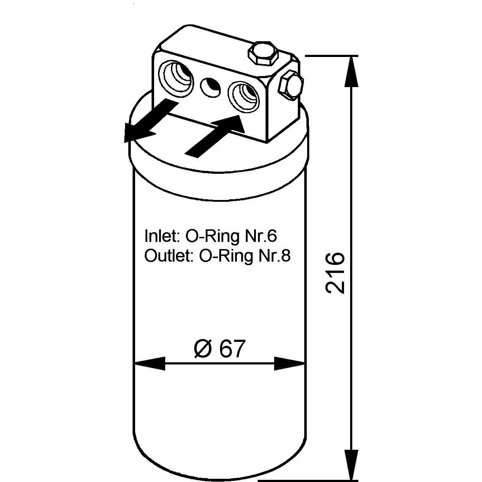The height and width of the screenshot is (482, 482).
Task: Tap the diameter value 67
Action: [x=231, y=348]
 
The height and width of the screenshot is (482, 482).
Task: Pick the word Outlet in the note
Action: [x=169, y=256]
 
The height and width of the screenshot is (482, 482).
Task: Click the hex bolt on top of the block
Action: [x=263, y=54]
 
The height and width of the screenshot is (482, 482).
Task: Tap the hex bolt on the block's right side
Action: [x=291, y=85]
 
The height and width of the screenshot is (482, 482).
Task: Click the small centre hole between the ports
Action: [x=211, y=87]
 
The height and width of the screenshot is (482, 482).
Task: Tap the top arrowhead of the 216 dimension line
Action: [x=351, y=72]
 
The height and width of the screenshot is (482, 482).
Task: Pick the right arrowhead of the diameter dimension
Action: [x=290, y=363]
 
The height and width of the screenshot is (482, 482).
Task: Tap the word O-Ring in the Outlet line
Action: [x=226, y=256]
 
